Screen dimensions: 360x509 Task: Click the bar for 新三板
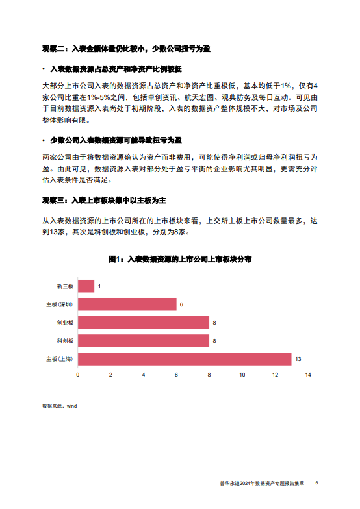click(86, 286)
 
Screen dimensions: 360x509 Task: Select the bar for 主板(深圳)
click(127, 304)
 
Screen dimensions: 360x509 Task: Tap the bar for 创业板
click(144, 323)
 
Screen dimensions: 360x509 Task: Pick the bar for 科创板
click(144, 341)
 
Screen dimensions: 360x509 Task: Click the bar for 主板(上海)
click(185, 359)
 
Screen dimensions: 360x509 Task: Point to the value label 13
click(298, 359)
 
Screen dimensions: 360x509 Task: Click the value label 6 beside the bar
click(182, 304)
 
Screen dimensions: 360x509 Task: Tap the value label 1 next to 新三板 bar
click(99, 286)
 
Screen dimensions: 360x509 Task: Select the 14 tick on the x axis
click(307, 375)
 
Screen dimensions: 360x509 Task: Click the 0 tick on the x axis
click(78, 375)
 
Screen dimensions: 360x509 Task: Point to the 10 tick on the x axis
click(242, 375)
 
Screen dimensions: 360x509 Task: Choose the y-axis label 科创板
click(66, 341)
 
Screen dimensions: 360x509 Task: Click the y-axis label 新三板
click(66, 286)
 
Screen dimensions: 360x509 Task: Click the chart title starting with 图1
click(180, 259)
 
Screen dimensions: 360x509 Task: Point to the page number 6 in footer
click(316, 483)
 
